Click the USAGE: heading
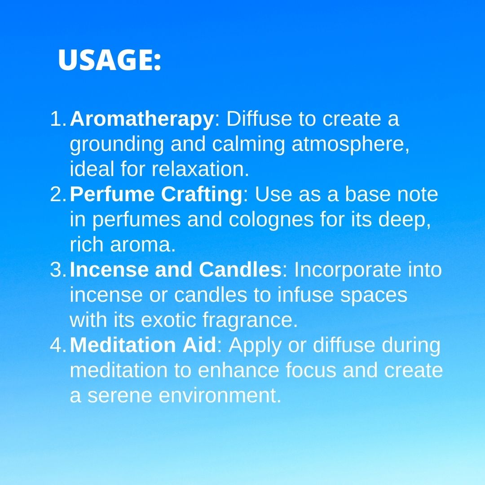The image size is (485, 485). (x=110, y=60)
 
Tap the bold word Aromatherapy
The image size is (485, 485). (x=142, y=119)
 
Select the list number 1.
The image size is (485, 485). (x=58, y=119)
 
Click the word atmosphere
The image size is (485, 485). (x=350, y=145)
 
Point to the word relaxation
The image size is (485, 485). (x=200, y=169)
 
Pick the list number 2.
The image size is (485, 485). (x=58, y=194)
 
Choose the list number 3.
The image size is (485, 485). (x=58, y=270)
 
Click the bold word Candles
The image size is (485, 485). (x=240, y=269)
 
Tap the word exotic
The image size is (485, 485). (x=168, y=320)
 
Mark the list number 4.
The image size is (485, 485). (x=58, y=345)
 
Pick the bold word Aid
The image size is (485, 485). (x=199, y=345)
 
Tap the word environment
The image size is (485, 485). (x=220, y=396)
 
